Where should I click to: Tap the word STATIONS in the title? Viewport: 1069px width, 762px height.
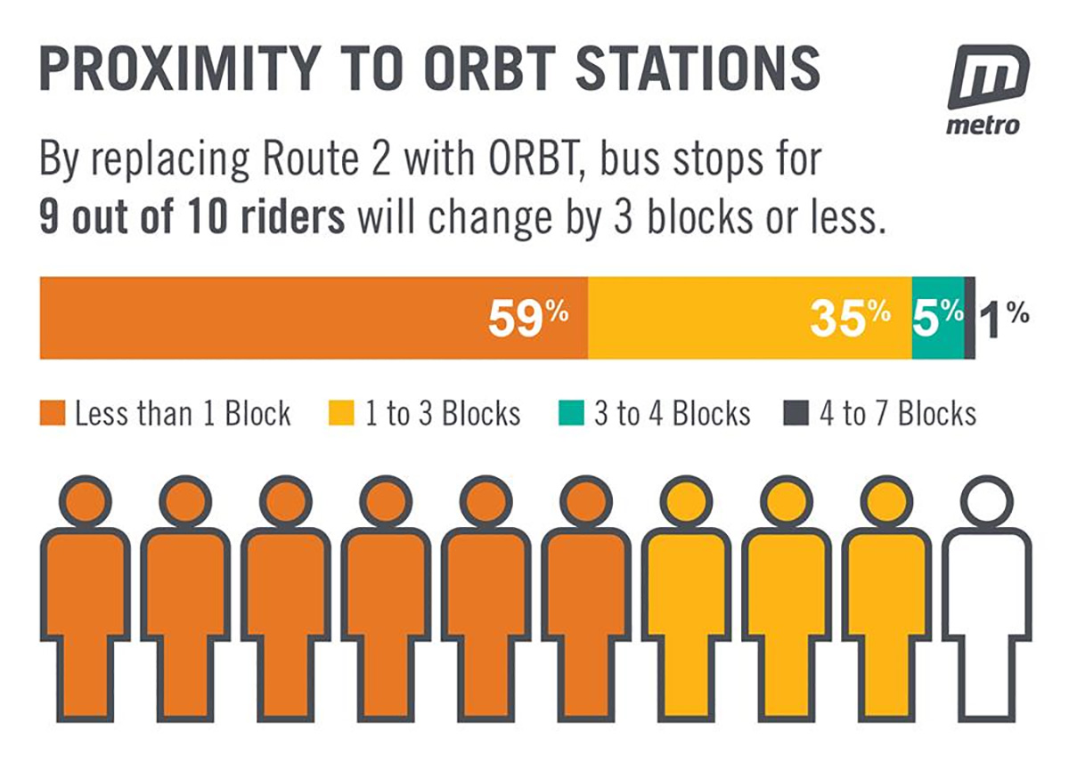698,69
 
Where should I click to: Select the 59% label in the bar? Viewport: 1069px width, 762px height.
528,318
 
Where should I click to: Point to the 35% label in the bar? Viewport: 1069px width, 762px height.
850,318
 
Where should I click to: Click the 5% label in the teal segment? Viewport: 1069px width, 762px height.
938,318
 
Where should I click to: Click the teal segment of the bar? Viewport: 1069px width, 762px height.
938,318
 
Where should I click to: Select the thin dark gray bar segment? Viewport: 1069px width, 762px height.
970,318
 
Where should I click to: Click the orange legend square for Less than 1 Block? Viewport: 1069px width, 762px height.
53,412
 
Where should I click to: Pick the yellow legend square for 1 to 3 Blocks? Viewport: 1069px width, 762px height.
341,412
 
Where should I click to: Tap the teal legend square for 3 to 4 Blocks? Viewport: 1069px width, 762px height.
571,412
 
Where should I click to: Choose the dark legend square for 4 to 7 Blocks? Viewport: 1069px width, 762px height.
796,412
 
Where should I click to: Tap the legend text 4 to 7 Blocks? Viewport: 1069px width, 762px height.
898,413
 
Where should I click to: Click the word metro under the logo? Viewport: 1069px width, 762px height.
983,126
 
